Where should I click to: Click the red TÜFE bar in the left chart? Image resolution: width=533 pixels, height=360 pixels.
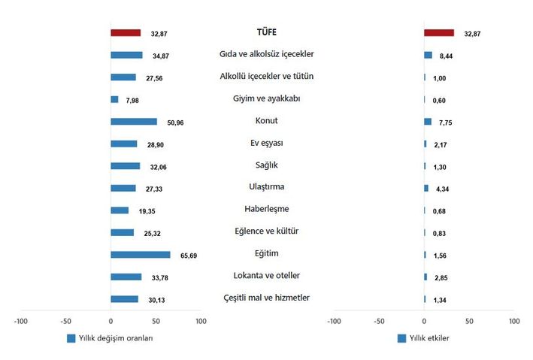[x=126, y=33]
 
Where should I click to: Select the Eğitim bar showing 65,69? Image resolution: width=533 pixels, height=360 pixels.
[x=141, y=255]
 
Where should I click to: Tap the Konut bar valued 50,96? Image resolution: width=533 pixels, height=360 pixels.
[x=134, y=122]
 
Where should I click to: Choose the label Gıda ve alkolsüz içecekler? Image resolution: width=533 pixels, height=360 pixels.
[x=267, y=54]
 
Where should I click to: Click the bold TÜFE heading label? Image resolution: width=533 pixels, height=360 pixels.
[x=267, y=32]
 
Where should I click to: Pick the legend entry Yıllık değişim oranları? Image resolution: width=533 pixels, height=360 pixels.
[x=115, y=338]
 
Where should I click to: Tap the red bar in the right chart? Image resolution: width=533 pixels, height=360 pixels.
[x=439, y=33]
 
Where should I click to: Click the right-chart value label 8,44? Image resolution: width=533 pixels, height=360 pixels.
[x=447, y=56]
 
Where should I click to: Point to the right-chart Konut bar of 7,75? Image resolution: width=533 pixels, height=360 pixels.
[x=428, y=122]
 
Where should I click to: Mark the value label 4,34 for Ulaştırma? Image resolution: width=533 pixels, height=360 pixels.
[x=443, y=189]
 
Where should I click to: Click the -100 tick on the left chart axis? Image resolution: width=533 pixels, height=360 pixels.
[x=20, y=322]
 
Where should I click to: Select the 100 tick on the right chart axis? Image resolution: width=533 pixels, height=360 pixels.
[x=514, y=322]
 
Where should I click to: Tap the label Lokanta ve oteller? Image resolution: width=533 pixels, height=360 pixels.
[x=267, y=276]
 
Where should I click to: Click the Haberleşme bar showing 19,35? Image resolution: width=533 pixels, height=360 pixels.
[x=120, y=210]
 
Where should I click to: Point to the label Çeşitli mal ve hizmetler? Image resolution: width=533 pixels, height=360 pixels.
[x=267, y=298]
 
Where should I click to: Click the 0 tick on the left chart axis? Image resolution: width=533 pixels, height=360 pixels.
[x=111, y=322]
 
